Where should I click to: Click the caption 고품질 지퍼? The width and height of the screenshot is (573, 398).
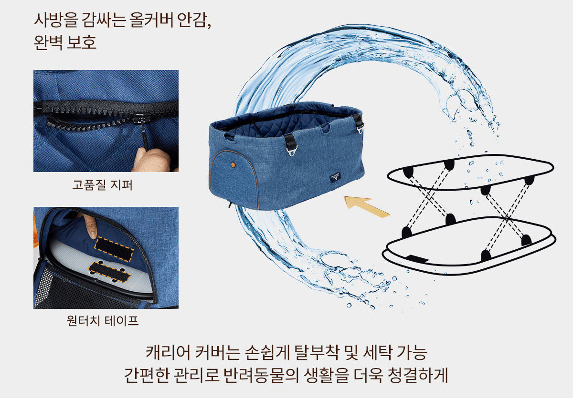click(102, 185)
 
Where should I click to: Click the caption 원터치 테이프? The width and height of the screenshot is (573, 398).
click(102, 320)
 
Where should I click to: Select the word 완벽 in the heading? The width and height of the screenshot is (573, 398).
click(48, 42)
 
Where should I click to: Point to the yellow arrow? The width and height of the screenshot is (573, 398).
click(367, 206)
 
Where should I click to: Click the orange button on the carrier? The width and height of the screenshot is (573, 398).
click(233, 165)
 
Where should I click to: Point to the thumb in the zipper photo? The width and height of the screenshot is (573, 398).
click(151, 160)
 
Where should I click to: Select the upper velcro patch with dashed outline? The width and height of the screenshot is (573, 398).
click(114, 249)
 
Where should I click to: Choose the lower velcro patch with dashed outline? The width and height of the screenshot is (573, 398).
click(109, 272)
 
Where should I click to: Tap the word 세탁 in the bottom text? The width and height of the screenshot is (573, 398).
click(377, 352)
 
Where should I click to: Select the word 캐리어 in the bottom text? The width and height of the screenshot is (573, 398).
click(168, 352)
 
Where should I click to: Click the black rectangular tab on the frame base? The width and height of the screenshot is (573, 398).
click(417, 259)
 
